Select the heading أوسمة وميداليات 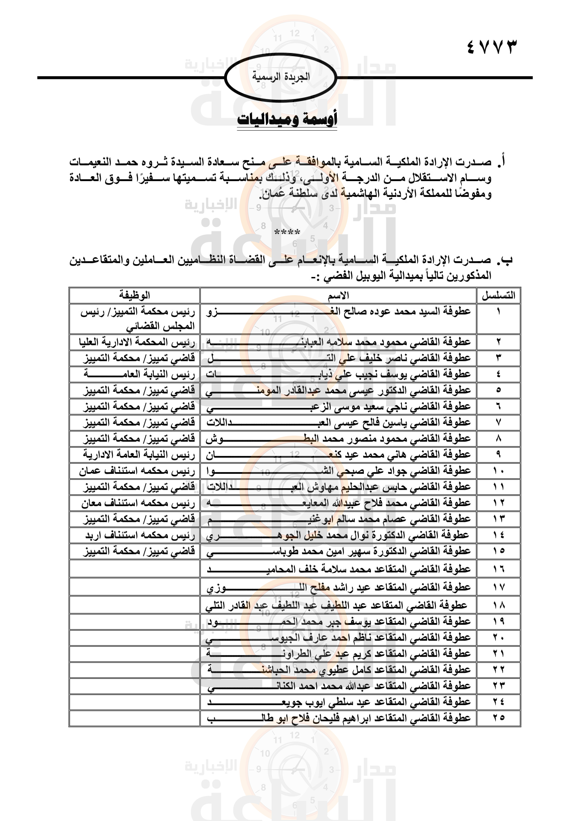(287, 119)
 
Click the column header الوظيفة (134, 295)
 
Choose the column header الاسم (338, 296)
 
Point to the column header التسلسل (498, 296)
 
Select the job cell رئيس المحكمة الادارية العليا (137, 342)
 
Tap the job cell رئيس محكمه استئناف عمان (137, 471)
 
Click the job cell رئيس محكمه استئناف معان (138, 503)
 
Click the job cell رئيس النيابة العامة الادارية (139, 455)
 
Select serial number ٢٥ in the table (498, 717)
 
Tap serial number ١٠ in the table (498, 471)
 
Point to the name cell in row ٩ (338, 455)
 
